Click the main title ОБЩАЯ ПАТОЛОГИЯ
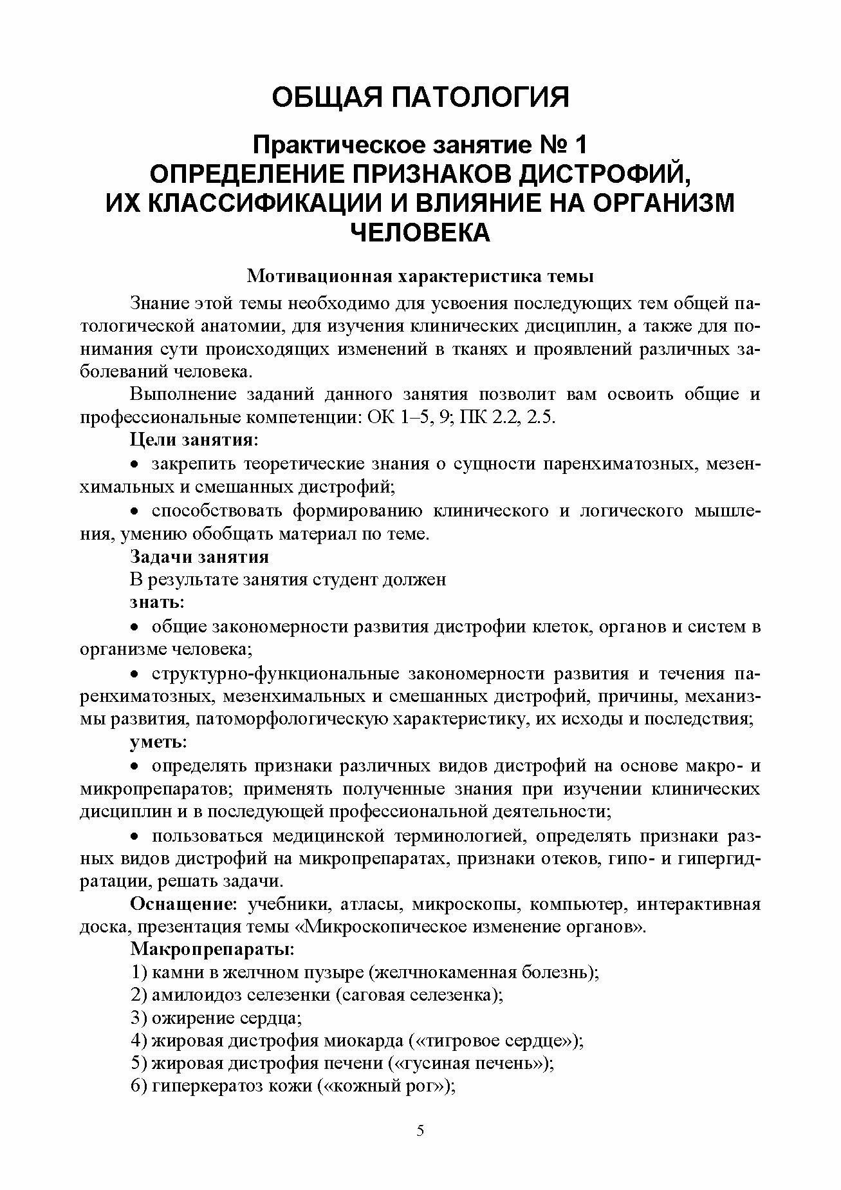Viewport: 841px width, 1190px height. (420, 98)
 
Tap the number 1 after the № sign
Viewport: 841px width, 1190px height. (580, 146)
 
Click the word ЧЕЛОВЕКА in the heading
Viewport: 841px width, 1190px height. (420, 232)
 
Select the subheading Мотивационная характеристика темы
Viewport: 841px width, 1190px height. (420, 277)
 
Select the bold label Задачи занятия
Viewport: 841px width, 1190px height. (199, 556)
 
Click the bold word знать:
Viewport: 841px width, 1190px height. (157, 603)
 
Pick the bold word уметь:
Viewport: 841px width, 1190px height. (158, 742)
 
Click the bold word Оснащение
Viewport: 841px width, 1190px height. (183, 905)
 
